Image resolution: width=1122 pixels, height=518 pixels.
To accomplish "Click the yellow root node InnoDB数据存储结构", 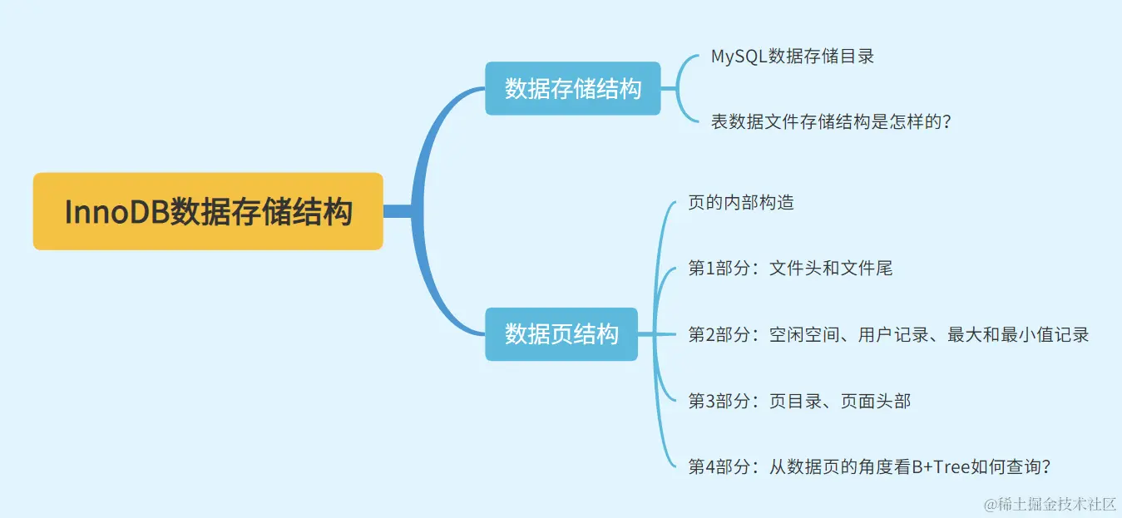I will (x=208, y=212).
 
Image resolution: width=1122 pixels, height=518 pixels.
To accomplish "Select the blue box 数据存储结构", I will (x=573, y=88).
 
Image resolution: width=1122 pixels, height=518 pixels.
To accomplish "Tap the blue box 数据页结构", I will (x=561, y=334).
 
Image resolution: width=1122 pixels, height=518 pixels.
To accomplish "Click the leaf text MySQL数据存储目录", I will (x=792, y=57).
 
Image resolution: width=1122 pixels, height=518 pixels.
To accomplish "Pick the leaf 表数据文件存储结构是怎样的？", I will (x=830, y=122).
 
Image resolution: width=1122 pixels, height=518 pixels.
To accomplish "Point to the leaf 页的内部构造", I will (x=741, y=202).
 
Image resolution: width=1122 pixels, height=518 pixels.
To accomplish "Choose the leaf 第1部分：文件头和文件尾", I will (x=790, y=268).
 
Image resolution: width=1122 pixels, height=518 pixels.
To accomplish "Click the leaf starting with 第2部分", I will (x=888, y=334).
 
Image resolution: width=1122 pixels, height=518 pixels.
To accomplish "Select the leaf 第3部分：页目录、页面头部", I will (x=799, y=401).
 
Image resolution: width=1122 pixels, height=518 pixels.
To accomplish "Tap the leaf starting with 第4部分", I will (x=869, y=466).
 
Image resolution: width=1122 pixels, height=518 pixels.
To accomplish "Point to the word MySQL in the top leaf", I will (x=739, y=57).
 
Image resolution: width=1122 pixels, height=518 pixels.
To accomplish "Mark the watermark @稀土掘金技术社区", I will (x=1050, y=504).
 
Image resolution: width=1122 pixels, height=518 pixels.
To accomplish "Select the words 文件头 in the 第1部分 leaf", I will (x=794, y=268).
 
